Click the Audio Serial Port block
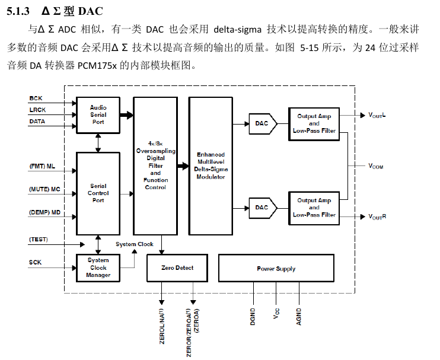point(98,114)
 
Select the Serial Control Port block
point(98,193)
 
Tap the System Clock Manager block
point(98,267)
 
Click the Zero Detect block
point(177,268)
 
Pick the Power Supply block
point(276,269)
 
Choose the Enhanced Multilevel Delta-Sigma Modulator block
point(211,165)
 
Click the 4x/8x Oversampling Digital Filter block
point(155,165)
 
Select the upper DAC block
point(262,123)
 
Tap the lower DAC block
point(262,208)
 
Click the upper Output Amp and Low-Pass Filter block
point(314,123)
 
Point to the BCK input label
point(36,98)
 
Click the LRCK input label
point(37,110)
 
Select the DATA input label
point(37,122)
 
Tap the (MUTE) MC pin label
point(45,189)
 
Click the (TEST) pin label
point(39,240)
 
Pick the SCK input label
point(36,262)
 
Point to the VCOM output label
point(375,167)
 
